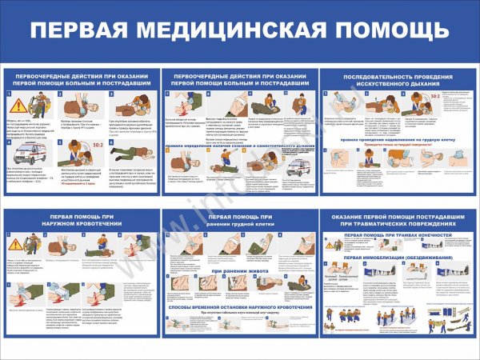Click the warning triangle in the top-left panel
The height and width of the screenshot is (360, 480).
click(16, 103)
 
